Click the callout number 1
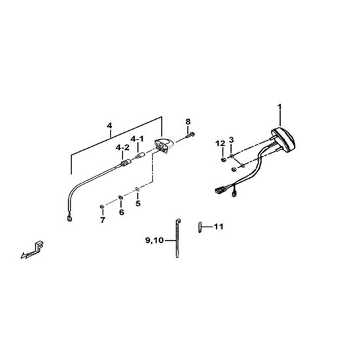(279, 107)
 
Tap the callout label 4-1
(137, 139)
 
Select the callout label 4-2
(122, 148)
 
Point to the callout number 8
(188, 122)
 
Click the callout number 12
(220, 144)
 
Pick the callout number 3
(231, 139)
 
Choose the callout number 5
(137, 204)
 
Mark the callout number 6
(122, 212)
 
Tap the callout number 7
(103, 220)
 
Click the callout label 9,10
(154, 240)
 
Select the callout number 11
(219, 227)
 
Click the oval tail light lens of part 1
(283, 139)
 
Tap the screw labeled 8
(190, 135)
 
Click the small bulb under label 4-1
(140, 156)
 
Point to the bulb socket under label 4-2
(125, 164)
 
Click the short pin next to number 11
(200, 227)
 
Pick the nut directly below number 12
(223, 159)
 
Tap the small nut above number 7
(102, 207)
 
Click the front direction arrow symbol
(32, 250)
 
